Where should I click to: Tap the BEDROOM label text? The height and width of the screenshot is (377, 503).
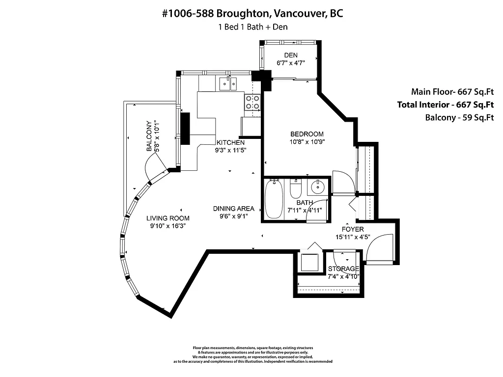(x=307, y=134)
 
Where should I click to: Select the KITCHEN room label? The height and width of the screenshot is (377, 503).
(x=230, y=142)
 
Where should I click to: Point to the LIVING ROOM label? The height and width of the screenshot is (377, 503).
(x=168, y=218)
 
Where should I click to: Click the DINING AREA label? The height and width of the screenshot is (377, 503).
(x=233, y=208)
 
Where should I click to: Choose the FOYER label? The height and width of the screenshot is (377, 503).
(x=353, y=229)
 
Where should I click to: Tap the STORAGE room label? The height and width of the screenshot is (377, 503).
(x=343, y=269)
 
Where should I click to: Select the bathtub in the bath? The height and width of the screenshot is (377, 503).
(x=273, y=199)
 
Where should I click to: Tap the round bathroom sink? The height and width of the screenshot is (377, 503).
(x=318, y=186)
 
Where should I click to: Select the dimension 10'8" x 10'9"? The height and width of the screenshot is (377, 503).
(x=307, y=142)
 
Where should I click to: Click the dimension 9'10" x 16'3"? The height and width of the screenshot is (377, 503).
(x=168, y=226)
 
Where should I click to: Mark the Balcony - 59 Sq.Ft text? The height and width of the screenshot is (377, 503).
(x=459, y=117)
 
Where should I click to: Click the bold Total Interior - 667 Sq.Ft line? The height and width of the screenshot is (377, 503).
(x=445, y=105)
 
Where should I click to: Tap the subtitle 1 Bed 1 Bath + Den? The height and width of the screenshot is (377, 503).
(x=252, y=27)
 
